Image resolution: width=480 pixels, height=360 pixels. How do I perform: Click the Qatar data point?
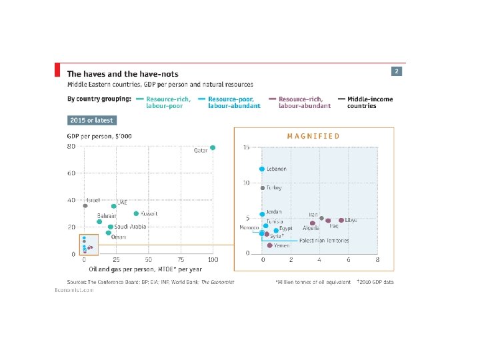(213, 147)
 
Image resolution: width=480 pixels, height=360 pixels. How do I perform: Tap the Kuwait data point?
(136, 214)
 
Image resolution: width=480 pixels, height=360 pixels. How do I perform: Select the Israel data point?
(85, 206)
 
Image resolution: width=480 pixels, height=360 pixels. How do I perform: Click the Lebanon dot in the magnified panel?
(262, 169)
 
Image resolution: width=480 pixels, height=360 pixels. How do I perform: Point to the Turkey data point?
(262, 188)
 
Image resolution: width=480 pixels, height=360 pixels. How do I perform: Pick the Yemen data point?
(269, 245)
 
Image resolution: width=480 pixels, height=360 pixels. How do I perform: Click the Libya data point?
(341, 220)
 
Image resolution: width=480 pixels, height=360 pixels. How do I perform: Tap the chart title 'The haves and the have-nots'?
(122, 74)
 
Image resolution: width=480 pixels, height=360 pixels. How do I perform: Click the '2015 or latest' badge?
(91, 121)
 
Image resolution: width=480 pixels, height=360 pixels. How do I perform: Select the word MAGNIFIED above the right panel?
(313, 136)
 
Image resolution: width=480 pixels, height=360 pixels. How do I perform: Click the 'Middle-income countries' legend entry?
(369, 102)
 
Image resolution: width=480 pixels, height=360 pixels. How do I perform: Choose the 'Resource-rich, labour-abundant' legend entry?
(303, 102)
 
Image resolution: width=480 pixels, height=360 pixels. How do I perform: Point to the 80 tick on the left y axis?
(71, 147)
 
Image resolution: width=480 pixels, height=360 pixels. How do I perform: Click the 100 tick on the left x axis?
(213, 259)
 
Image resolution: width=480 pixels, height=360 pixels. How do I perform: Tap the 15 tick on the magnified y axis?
(247, 147)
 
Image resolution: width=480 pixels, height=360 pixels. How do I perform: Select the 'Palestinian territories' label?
(324, 240)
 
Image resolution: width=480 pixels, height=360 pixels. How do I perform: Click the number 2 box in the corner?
(397, 71)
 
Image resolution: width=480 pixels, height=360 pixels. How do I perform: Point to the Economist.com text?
(74, 290)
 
